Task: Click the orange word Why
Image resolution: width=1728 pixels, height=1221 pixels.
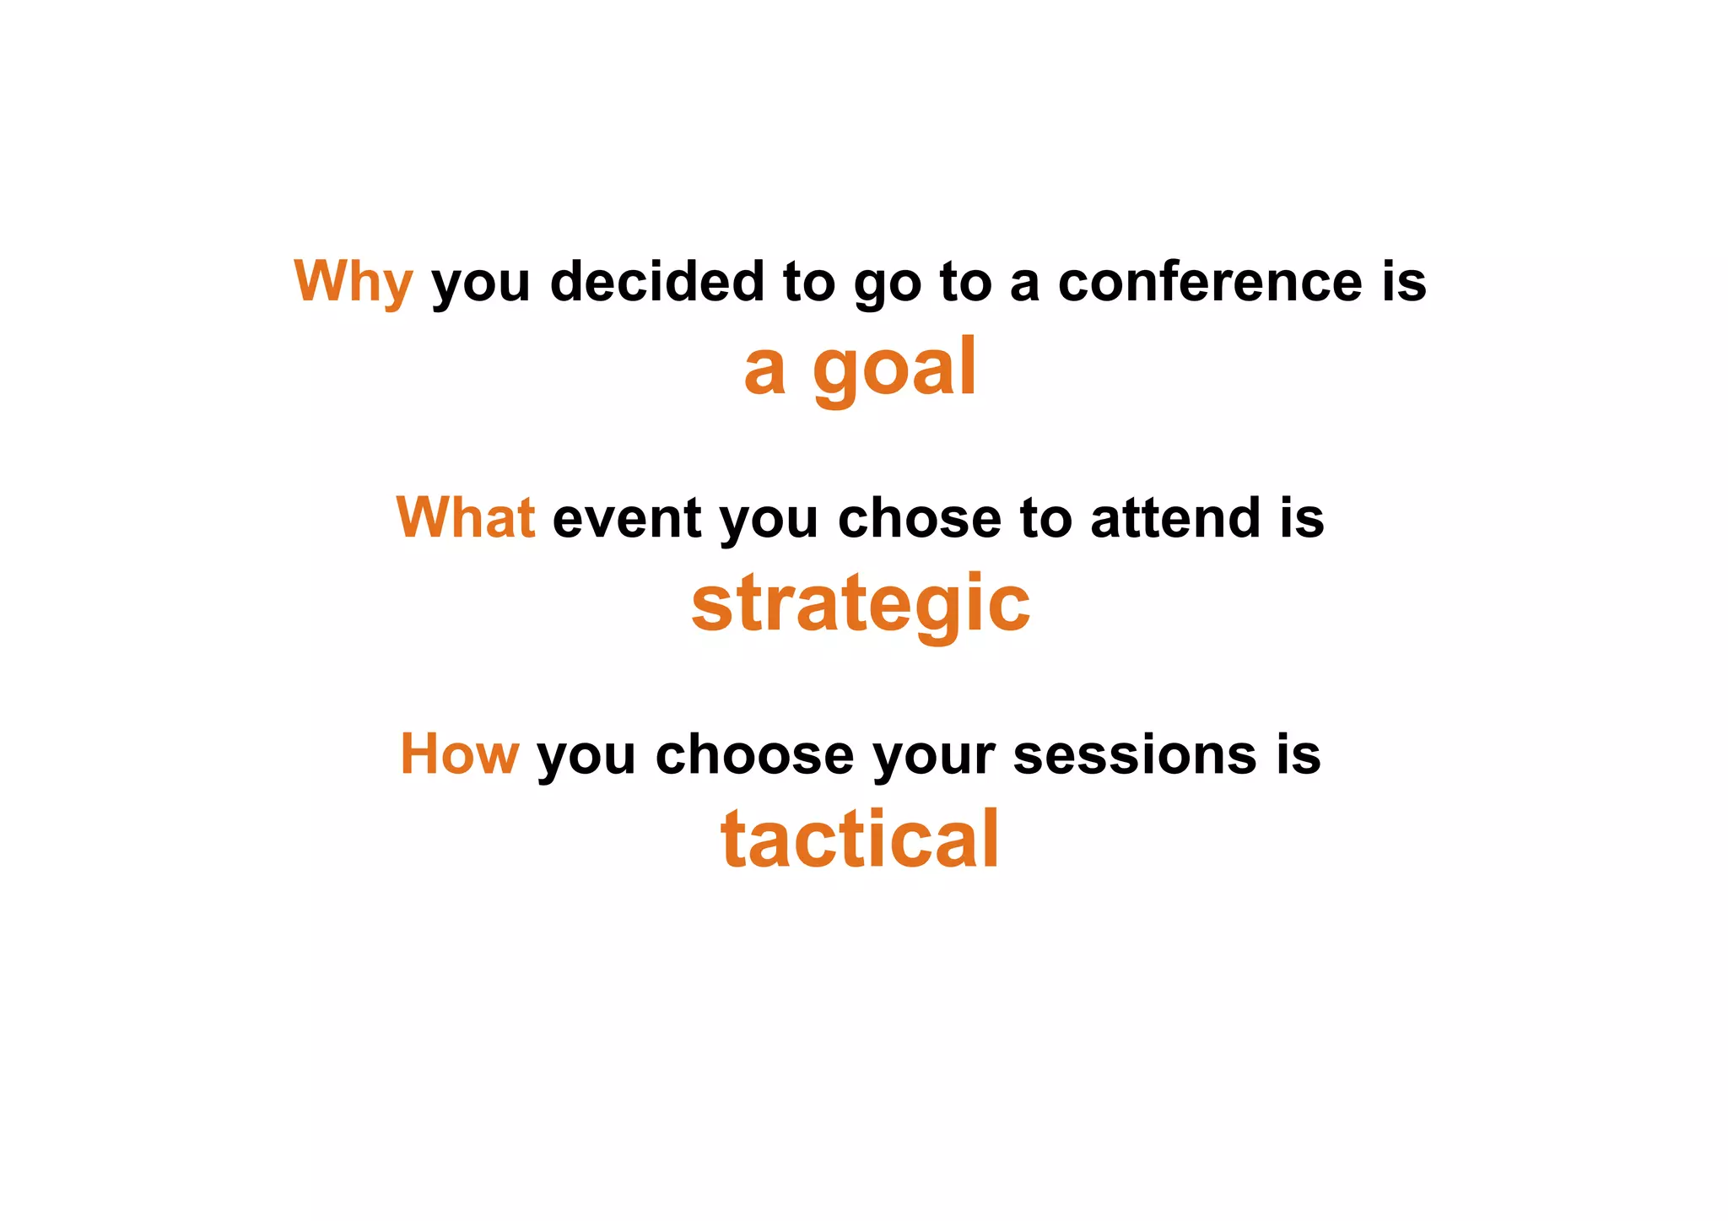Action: coord(353,282)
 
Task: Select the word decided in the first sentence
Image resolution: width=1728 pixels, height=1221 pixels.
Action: coord(657,282)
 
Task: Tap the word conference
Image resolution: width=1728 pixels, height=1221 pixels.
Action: coord(1210,282)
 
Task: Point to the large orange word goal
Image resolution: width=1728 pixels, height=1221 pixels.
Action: coord(895,370)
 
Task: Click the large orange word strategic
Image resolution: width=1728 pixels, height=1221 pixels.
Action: coord(861,605)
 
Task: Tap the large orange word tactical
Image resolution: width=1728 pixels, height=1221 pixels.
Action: coord(860,840)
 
